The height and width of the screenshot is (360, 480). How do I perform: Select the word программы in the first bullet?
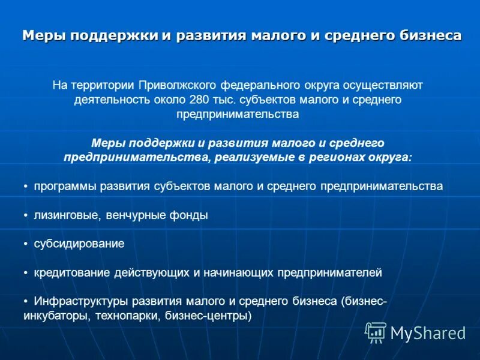(x=62, y=186)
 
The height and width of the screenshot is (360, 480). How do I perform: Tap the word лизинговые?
(x=62, y=215)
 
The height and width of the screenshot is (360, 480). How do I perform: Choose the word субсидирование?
(x=79, y=244)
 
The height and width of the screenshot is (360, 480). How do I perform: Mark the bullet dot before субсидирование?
(x=26, y=244)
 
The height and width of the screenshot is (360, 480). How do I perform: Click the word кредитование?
(x=71, y=272)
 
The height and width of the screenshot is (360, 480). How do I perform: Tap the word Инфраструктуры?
(x=76, y=301)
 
